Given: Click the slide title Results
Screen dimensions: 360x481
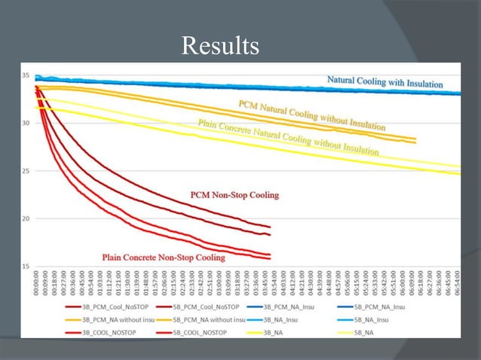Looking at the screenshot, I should (x=220, y=47).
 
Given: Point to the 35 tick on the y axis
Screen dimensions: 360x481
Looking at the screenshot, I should (x=26, y=76).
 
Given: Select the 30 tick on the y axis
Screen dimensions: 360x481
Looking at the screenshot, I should (x=26, y=124).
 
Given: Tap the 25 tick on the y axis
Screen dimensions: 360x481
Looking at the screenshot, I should (x=26, y=171).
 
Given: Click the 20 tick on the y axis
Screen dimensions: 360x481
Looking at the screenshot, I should (x=26, y=219).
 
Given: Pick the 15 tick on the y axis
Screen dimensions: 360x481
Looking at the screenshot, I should (x=26, y=267).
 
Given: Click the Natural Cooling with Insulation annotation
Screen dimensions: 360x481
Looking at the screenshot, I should (x=384, y=82).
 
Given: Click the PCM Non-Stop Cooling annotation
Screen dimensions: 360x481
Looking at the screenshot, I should (x=234, y=195).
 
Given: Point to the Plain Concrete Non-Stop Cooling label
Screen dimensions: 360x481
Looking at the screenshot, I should (x=164, y=258).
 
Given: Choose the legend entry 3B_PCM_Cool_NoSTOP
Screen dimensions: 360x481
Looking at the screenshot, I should (x=99, y=309).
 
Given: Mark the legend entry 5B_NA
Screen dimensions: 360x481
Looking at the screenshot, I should (x=394, y=331).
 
